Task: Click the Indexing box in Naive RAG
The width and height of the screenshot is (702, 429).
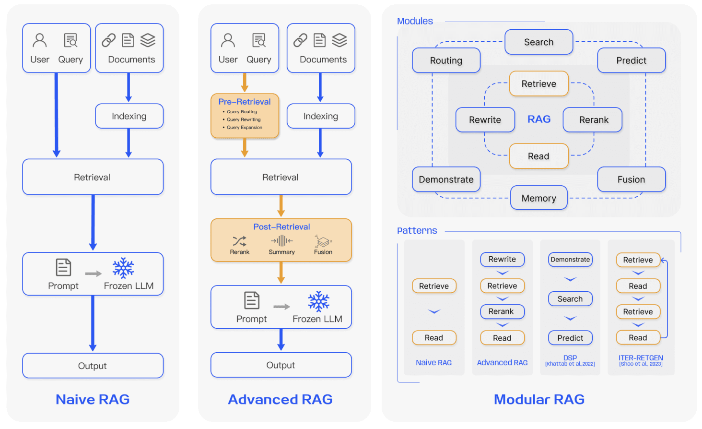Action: click(x=129, y=116)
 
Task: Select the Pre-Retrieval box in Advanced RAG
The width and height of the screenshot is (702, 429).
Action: click(x=245, y=116)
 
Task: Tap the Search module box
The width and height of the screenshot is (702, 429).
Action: click(x=538, y=42)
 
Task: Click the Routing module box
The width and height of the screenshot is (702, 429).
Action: click(x=446, y=60)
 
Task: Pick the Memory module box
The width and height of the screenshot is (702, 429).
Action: click(x=538, y=198)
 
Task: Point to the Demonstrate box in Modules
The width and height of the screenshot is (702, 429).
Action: click(x=446, y=179)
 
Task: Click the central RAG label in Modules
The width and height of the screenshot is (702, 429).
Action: click(x=539, y=119)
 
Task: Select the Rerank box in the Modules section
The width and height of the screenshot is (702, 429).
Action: click(x=593, y=120)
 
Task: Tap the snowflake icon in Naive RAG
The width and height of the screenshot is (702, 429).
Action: click(x=123, y=268)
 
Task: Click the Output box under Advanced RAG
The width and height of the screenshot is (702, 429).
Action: click(x=281, y=365)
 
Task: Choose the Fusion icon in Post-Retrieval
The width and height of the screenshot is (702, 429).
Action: click(x=323, y=241)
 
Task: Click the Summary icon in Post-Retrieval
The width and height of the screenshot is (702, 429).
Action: click(x=281, y=241)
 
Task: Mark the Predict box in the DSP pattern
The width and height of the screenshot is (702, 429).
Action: click(x=570, y=338)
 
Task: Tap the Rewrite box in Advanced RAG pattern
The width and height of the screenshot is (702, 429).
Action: click(x=502, y=259)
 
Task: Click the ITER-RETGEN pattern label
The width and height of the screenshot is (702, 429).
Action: click(x=641, y=358)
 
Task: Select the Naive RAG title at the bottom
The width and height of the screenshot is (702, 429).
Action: click(x=93, y=399)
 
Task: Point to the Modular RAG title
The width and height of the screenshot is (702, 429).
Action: click(x=539, y=399)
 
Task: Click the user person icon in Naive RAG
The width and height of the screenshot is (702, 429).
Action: click(x=40, y=40)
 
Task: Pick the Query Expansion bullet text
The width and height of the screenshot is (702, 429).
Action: click(x=244, y=128)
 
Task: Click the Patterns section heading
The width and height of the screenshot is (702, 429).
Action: click(x=417, y=231)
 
